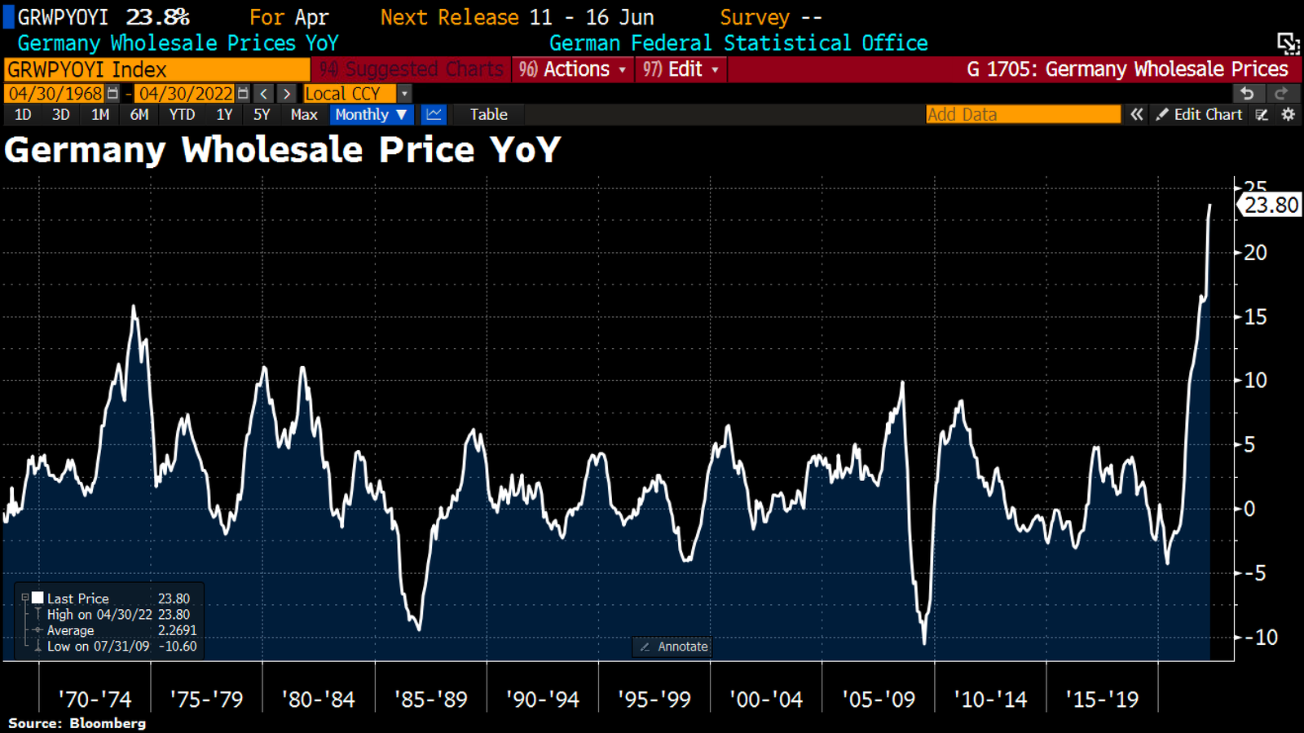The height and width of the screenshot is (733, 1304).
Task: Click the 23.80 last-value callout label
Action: [x=1270, y=205]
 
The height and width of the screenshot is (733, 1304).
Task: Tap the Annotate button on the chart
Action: [x=674, y=647]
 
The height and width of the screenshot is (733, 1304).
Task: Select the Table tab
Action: [x=488, y=115]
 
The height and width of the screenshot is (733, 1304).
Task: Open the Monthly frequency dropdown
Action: [x=371, y=115]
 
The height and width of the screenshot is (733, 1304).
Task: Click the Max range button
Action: [x=304, y=115]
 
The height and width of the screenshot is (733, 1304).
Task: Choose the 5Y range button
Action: [x=262, y=115]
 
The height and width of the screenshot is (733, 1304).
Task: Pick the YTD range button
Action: [x=182, y=115]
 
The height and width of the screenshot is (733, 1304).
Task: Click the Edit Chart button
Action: [x=1200, y=115]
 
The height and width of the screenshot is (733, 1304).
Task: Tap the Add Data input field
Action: [x=1023, y=115]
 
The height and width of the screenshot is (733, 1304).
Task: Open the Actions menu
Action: [x=573, y=69]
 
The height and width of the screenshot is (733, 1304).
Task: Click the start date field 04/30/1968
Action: [x=55, y=94]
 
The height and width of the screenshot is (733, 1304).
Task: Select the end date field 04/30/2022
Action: [x=186, y=94]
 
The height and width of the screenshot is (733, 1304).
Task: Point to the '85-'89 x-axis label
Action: [x=430, y=700]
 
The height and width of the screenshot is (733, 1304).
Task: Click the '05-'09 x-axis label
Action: [x=878, y=700]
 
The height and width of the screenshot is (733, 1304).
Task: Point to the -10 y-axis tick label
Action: [x=1261, y=638]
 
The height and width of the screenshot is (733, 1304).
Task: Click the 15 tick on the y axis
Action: [x=1255, y=317]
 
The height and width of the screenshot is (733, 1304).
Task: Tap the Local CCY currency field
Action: [x=350, y=94]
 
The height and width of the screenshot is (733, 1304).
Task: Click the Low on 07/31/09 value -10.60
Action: [x=177, y=647]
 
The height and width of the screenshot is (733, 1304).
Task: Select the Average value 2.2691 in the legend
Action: [x=177, y=630]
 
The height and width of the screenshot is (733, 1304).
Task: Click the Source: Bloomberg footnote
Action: [x=77, y=723]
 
